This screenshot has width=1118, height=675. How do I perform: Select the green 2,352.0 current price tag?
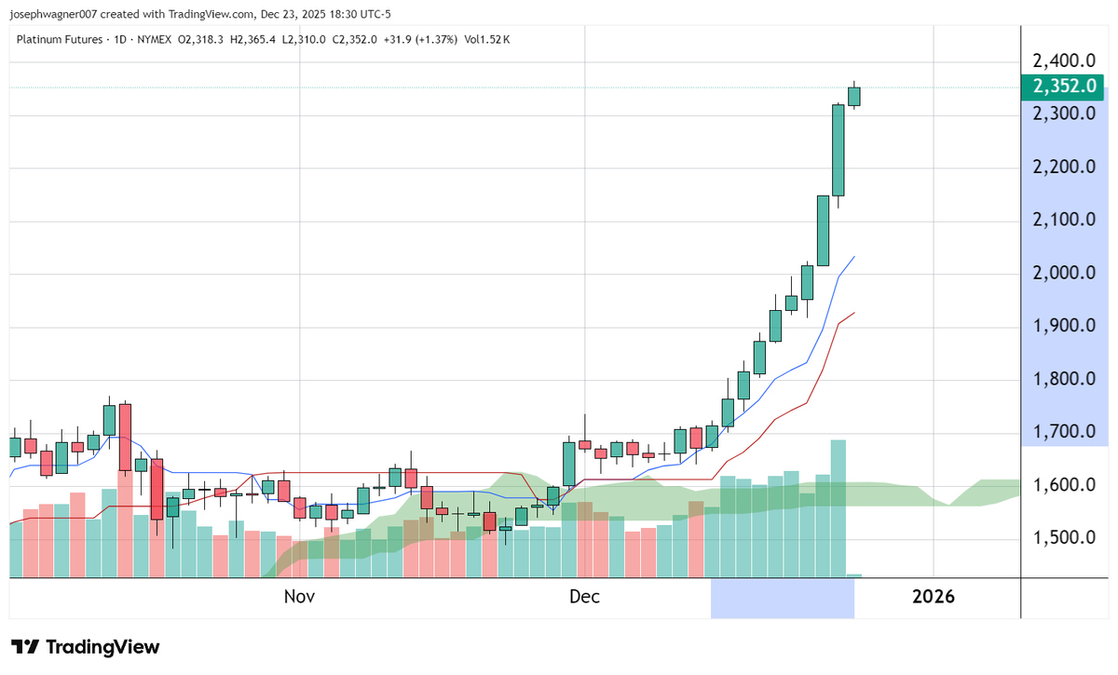point(1068,88)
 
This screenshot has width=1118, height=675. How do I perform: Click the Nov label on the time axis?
point(299,597)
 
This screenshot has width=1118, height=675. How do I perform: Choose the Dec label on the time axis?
point(585,597)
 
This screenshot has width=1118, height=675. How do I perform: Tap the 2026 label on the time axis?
point(934,597)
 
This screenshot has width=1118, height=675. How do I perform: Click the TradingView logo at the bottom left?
point(86,647)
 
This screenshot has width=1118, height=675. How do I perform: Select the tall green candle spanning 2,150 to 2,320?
point(838,151)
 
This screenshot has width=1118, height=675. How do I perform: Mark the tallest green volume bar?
point(838,507)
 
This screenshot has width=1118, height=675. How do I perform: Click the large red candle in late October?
point(125,438)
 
